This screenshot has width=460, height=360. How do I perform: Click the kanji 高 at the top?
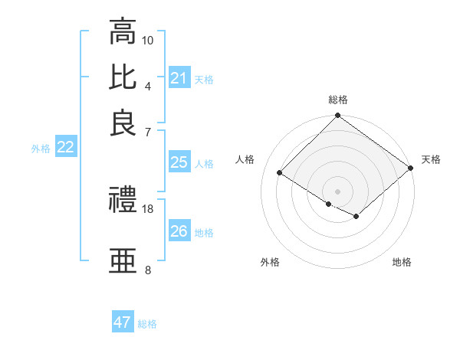click(123, 32)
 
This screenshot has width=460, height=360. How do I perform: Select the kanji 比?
click(123, 77)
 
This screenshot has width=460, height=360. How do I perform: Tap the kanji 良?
click(123, 123)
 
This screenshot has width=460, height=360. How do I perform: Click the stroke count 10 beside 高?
click(148, 40)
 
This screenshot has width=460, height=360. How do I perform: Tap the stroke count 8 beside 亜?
click(148, 270)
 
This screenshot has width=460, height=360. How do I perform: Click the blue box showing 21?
click(179, 78)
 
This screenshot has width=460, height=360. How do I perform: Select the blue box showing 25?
click(179, 162)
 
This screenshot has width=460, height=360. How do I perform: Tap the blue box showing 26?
click(179, 231)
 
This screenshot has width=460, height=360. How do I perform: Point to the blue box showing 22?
click(65, 148)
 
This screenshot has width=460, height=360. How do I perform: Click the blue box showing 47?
click(123, 322)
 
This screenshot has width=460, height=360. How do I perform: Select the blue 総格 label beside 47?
click(147, 324)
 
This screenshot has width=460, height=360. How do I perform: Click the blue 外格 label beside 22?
click(41, 149)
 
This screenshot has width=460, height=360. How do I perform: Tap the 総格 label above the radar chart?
click(338, 100)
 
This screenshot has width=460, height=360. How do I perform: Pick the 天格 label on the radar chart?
click(431, 159)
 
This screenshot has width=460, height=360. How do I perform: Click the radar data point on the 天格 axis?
click(411, 168)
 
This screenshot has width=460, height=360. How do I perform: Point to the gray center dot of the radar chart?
click(337, 191)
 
